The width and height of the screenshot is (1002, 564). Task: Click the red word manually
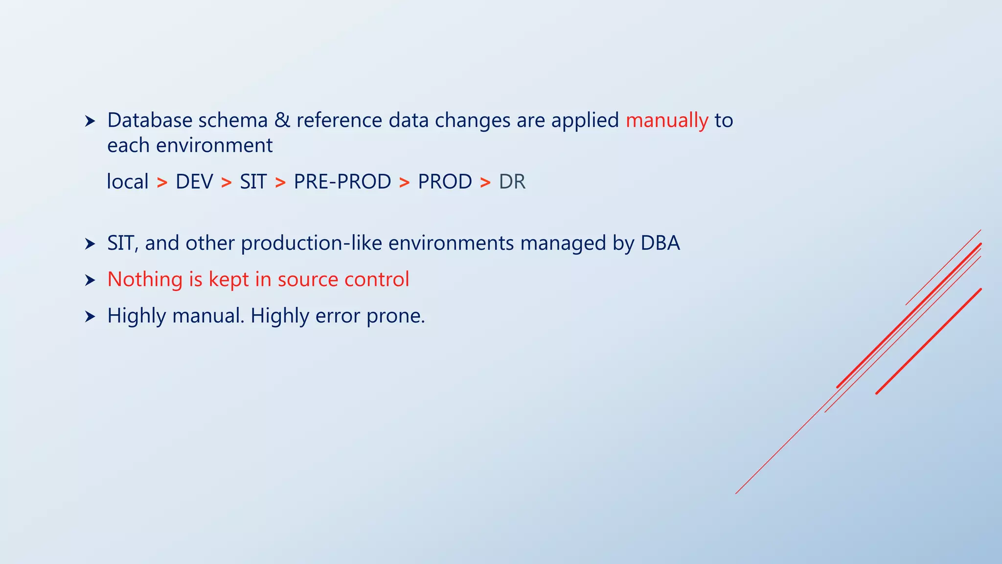point(666,121)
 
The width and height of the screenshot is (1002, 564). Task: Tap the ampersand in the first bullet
point(282,120)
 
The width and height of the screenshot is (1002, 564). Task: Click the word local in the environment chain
point(127,182)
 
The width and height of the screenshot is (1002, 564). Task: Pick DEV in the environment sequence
point(194,182)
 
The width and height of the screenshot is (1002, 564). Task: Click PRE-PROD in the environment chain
point(342,182)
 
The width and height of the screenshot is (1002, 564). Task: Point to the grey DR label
point(512,182)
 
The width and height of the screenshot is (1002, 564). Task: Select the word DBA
point(660,243)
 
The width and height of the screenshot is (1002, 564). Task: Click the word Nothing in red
point(145,280)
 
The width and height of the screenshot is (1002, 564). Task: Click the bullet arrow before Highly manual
point(90,317)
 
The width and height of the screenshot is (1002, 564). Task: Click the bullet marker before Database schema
point(90,121)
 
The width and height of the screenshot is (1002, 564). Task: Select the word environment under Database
point(214,146)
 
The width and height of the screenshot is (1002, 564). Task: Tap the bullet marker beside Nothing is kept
point(90,281)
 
